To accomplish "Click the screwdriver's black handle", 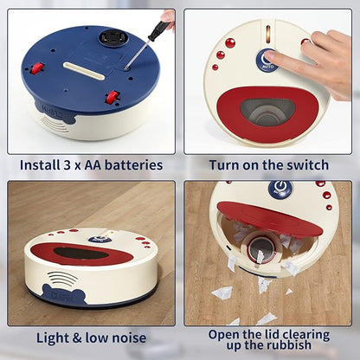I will (x=157, y=32).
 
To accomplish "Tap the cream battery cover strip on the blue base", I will (x=84, y=70).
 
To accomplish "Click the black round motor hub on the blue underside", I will (x=111, y=38).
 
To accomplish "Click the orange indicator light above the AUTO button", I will (x=267, y=34).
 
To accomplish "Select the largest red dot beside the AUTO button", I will (x=230, y=42).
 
